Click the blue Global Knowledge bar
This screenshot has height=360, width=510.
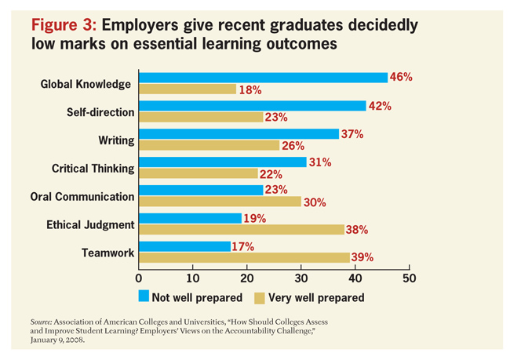[263, 77]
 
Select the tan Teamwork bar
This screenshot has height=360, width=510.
[244, 257]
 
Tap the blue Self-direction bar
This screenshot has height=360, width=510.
[252, 106]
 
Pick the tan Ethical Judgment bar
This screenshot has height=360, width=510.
[241, 229]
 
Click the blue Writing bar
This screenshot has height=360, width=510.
[239, 134]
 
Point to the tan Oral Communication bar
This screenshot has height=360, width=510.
[220, 202]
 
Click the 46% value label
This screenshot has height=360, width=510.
[401, 77]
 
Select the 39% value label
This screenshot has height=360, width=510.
[362, 257]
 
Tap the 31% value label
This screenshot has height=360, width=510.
[320, 162]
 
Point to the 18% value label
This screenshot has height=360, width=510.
[250, 89]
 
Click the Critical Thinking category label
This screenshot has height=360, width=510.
[93, 168]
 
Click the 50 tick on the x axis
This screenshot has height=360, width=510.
[409, 278]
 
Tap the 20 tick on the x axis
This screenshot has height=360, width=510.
[247, 278]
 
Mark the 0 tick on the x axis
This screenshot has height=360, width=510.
[139, 278]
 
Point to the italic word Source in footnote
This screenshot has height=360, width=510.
[45, 322]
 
